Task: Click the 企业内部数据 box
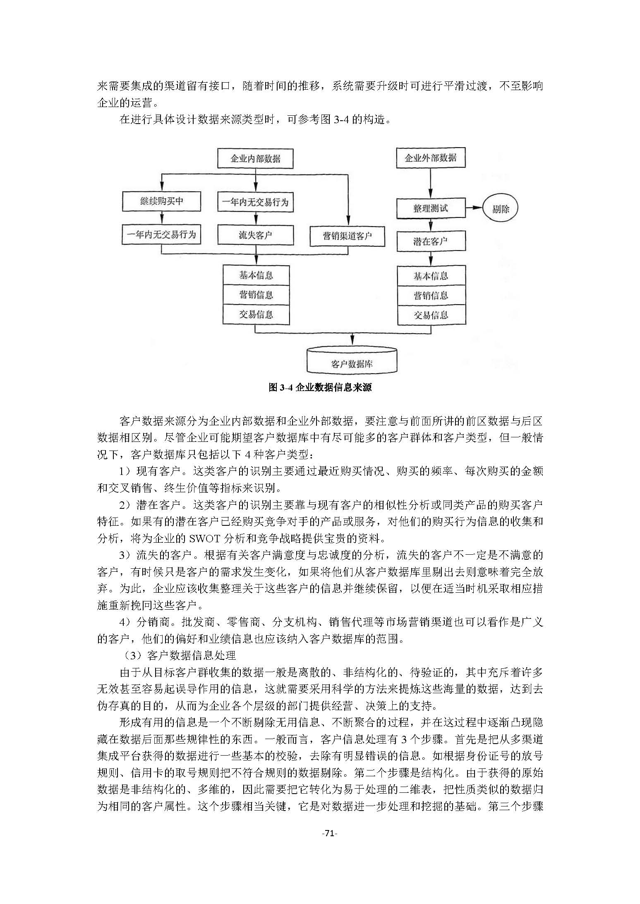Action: [x=255, y=159]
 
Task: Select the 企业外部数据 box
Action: [x=430, y=157]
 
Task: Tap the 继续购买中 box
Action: [x=161, y=201]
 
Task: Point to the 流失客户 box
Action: [x=255, y=235]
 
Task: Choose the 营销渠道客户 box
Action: [x=347, y=236]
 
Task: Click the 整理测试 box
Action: [x=431, y=208]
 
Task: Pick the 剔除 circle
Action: [x=500, y=209]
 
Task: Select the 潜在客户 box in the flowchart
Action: [x=431, y=241]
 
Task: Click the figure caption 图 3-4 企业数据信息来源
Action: [x=320, y=387]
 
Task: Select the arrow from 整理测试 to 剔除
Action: [x=474, y=208]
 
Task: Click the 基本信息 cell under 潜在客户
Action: [x=431, y=276]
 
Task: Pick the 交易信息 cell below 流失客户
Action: [x=256, y=314]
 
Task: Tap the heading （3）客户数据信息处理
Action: [x=179, y=655]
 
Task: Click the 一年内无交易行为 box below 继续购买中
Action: [x=161, y=235]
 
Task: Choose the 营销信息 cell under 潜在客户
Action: [x=431, y=296]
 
